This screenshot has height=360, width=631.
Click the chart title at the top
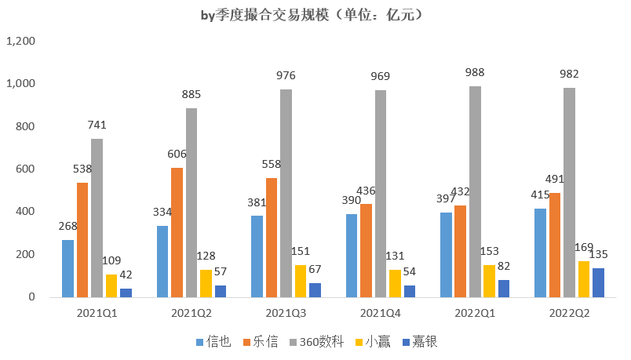(312, 15)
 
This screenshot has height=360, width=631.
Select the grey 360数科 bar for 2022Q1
(475, 192)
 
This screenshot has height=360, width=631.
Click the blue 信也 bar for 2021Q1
(68, 269)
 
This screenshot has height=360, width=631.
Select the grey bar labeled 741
(97, 218)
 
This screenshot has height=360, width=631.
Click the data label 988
(475, 73)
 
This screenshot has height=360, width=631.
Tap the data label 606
(177, 155)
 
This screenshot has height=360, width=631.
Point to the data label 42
(126, 275)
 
